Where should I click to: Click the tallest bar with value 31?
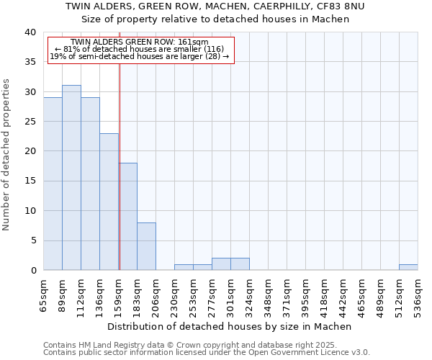point(71,178)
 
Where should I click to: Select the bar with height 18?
point(127,217)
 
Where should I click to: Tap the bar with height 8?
point(146,246)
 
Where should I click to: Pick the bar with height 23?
point(109,202)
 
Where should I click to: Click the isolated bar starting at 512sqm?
point(408,267)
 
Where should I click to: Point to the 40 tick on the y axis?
point(30,32)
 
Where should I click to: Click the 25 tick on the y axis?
point(30,122)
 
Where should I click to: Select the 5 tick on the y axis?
point(33,240)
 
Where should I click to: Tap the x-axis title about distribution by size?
point(233,326)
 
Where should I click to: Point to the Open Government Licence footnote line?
point(207,353)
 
